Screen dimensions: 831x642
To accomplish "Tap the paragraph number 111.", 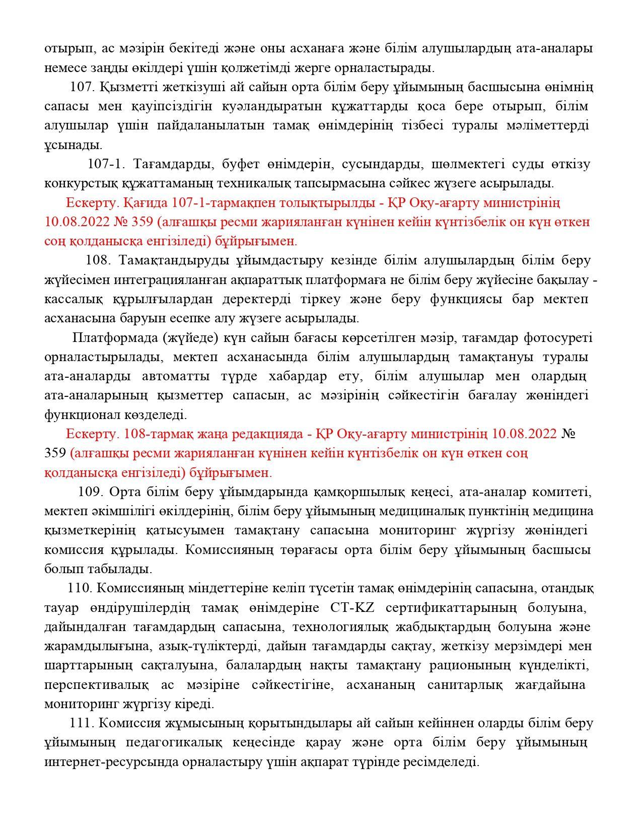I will (82, 723).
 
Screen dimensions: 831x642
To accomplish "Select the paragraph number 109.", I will (91, 492).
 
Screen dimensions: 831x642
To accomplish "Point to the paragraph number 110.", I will (80, 588).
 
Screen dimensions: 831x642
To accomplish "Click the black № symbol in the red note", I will (568, 434).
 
